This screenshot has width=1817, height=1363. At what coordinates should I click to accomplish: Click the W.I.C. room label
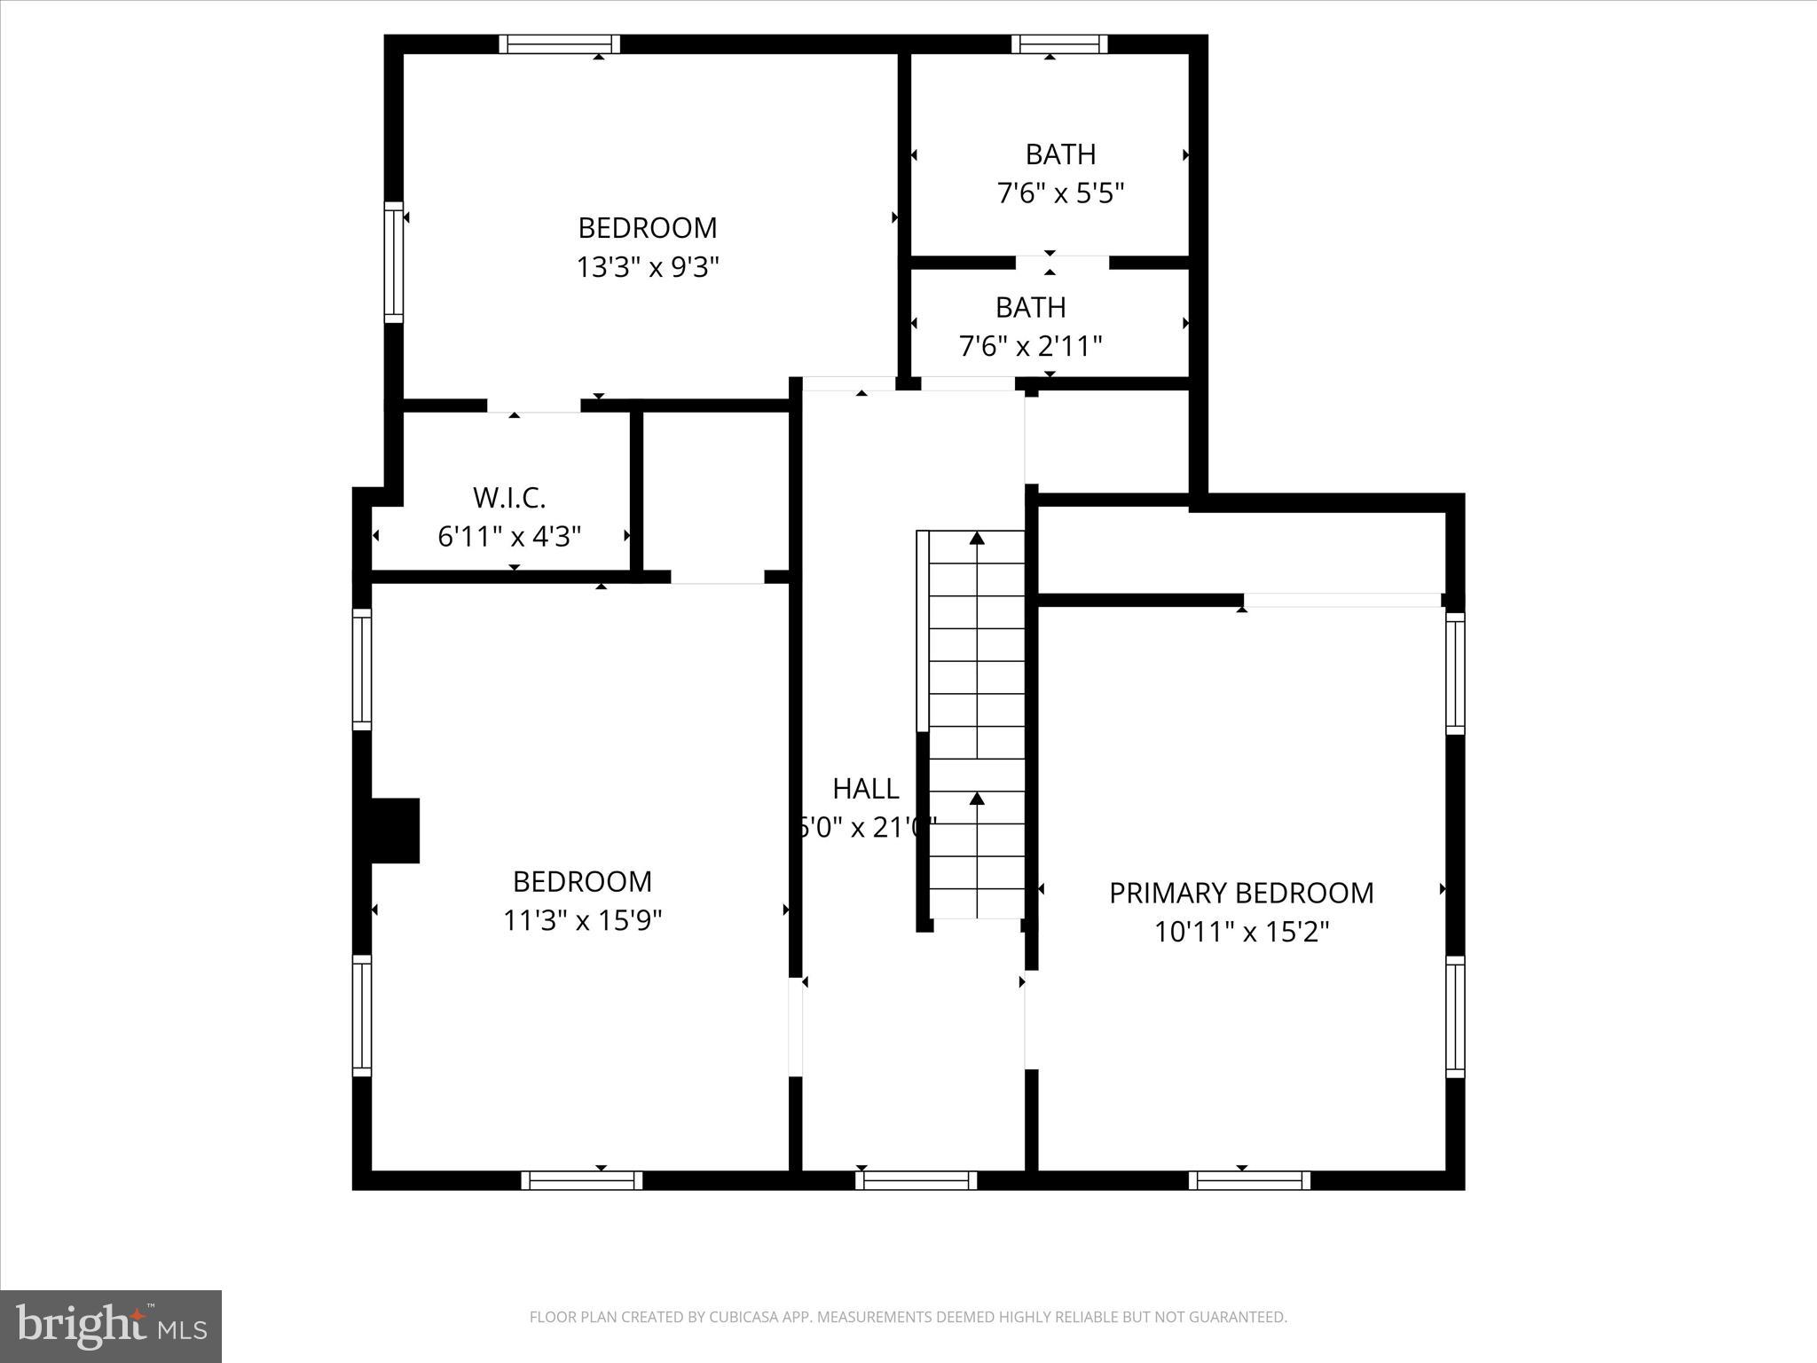click(509, 498)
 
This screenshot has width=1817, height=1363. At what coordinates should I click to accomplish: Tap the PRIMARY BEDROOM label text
click(1241, 893)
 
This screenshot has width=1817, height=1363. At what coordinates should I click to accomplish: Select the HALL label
click(866, 788)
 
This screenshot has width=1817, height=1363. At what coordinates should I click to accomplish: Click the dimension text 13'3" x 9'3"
click(648, 266)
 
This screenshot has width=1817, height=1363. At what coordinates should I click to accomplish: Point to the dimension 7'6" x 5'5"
click(1061, 193)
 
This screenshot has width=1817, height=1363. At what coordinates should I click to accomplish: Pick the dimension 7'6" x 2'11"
click(1031, 345)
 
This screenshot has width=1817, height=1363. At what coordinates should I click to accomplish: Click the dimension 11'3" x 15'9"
click(583, 920)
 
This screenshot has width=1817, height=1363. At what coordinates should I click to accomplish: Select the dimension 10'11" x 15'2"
click(1241, 932)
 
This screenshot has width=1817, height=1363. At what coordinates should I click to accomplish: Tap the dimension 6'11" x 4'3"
click(509, 536)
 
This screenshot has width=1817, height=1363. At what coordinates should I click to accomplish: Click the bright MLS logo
click(111, 1326)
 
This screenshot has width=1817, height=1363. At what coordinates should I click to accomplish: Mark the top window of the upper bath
click(1060, 44)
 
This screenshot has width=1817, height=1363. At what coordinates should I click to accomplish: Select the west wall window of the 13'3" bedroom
click(393, 262)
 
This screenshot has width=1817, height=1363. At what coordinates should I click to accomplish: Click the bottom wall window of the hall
click(916, 1180)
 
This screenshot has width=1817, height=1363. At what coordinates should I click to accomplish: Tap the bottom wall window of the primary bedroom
click(1249, 1180)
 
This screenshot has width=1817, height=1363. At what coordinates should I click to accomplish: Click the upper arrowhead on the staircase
click(977, 538)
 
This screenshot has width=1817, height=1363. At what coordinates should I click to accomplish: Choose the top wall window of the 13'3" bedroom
click(559, 44)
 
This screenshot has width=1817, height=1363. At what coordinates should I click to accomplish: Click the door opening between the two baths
click(1062, 263)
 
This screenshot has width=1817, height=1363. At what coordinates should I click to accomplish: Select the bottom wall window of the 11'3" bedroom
click(581, 1180)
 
